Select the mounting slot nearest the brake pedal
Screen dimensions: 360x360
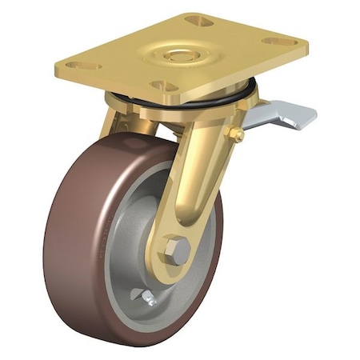click(x=279, y=41)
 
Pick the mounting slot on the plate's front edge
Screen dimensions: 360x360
click(x=163, y=86)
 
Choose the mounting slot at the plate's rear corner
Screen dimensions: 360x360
click(x=198, y=21)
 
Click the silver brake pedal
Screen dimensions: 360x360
click(x=279, y=117)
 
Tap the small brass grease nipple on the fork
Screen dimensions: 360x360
click(x=237, y=135)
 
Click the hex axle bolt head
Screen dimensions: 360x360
click(x=177, y=251)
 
